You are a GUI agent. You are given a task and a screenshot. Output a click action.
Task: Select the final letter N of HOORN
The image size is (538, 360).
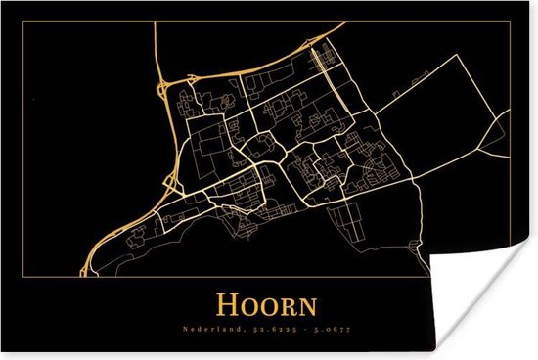(x=307, y=305)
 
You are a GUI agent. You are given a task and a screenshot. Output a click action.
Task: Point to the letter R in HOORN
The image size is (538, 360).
(x=290, y=305)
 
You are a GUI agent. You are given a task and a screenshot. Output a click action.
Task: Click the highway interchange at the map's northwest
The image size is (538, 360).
(x=162, y=84)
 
